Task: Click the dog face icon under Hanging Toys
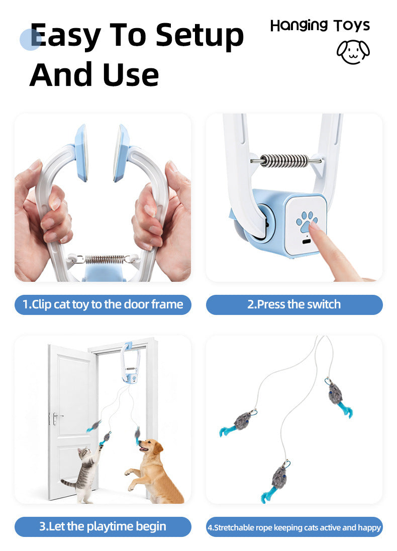pos(353,51)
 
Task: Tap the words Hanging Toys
pos(320,25)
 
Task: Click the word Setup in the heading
pos(200,35)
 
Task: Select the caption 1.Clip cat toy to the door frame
pos(103,304)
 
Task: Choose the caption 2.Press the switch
pos(294,304)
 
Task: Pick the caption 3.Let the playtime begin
pos(103,526)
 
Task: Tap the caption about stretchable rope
pos(294,527)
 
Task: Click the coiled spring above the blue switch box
pos(286,161)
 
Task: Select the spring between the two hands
pos(105,260)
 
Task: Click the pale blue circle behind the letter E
pos(30,40)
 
